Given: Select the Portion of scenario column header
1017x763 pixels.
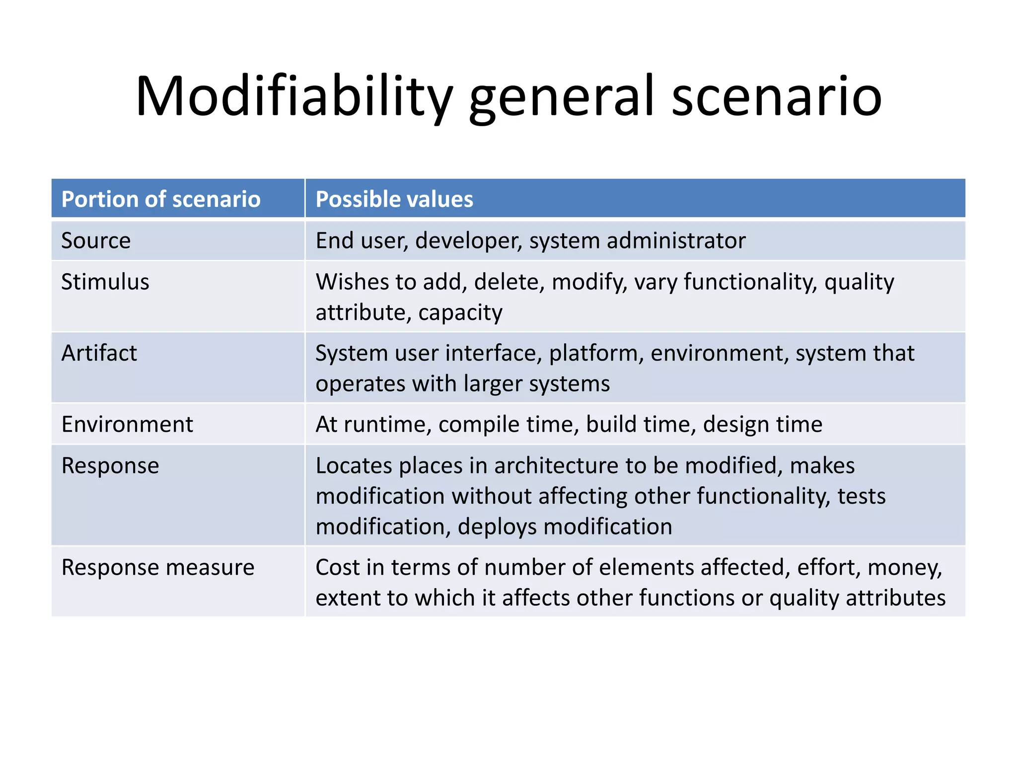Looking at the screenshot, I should pyautogui.click(x=161, y=199).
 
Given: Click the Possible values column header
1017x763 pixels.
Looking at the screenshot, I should pyautogui.click(x=394, y=199).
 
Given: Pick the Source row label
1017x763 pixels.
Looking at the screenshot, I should pyautogui.click(x=96, y=240).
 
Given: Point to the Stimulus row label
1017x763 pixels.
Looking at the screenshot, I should pyautogui.click(x=105, y=282).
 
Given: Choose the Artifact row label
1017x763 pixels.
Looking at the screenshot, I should pyautogui.click(x=99, y=353).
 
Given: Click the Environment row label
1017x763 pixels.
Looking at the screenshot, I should pyautogui.click(x=127, y=424).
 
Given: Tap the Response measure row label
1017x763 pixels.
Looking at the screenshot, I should pyautogui.click(x=157, y=567).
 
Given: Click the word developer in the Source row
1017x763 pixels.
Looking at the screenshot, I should pyautogui.click(x=468, y=241).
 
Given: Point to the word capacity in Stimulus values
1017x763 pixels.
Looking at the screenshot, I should pyautogui.click(x=460, y=313).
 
